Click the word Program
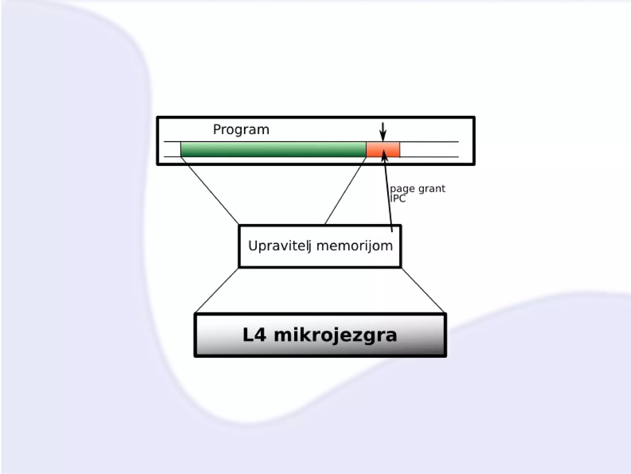point(241,130)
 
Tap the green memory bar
point(273,150)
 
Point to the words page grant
point(417,188)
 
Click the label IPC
point(398,199)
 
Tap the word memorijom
point(354,246)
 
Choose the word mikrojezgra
point(335,335)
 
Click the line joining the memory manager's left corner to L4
point(217,290)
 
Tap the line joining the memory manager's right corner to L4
point(423,290)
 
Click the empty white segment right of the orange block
point(429,150)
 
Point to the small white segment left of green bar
point(172,150)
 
